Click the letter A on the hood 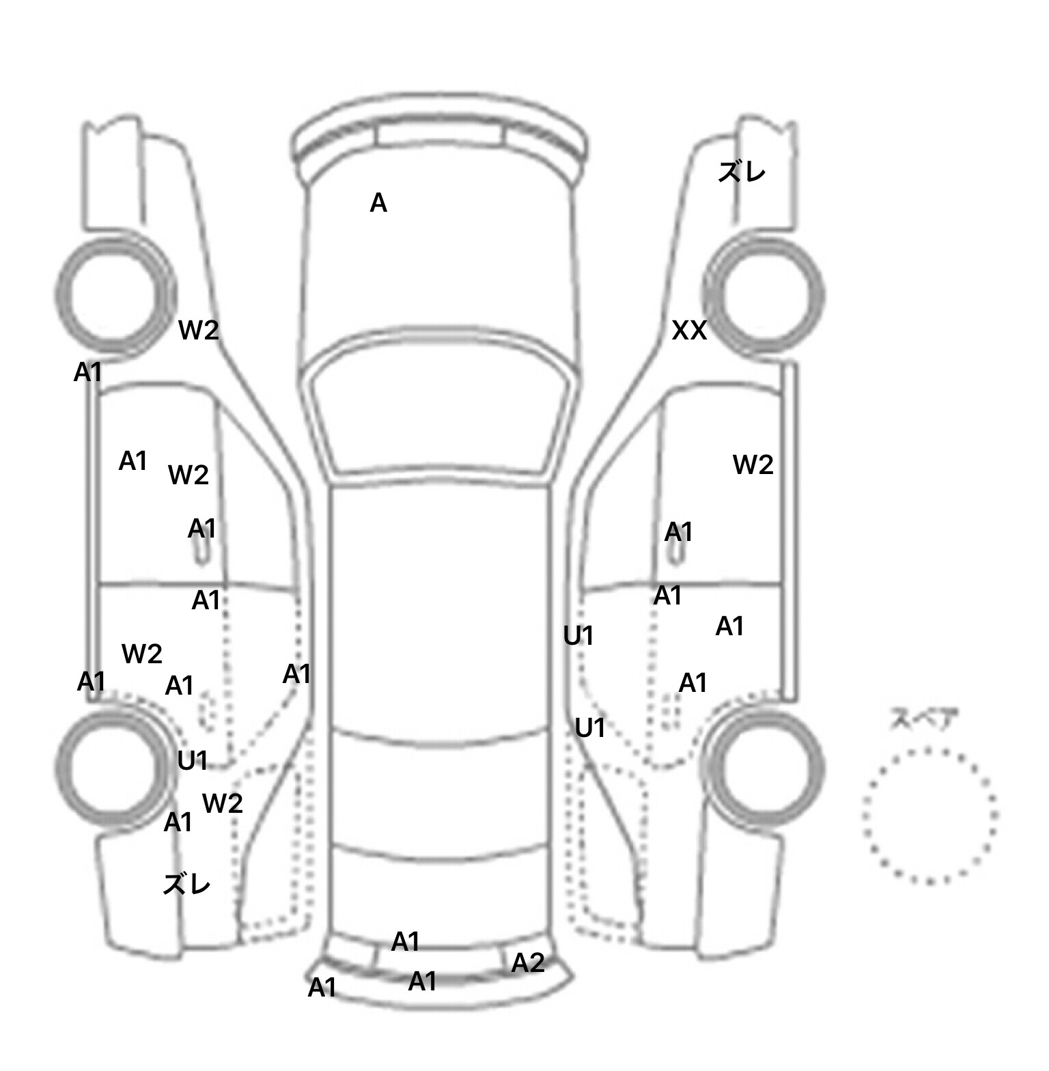tap(378, 203)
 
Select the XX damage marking tap(689, 331)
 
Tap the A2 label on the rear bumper tap(528, 963)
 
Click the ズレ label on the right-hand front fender tap(742, 171)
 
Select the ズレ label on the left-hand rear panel tap(186, 885)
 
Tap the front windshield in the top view tap(440, 410)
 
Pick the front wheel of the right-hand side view tap(765, 294)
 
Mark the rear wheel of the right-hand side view tap(765, 761)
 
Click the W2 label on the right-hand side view tap(753, 465)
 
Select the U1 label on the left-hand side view tap(192, 761)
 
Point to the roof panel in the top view tap(440, 608)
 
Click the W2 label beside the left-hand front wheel tap(198, 331)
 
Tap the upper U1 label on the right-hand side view tap(578, 637)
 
